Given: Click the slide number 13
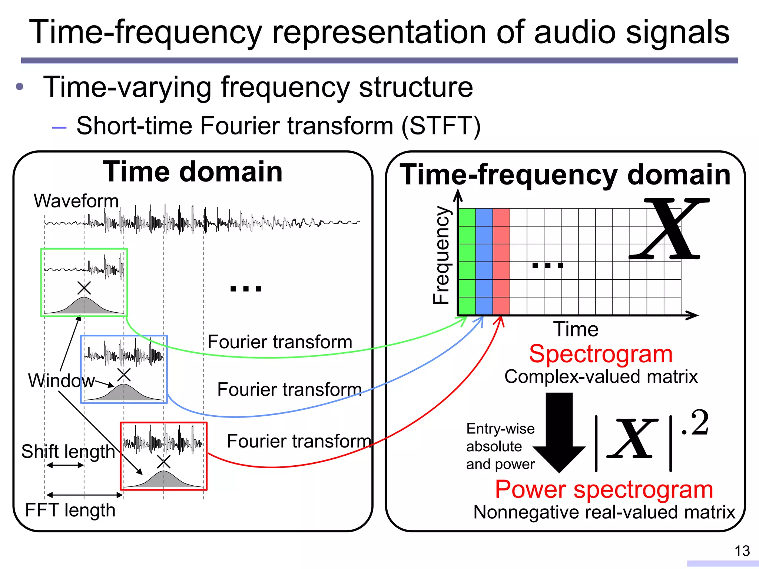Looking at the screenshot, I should pyautogui.click(x=742, y=551).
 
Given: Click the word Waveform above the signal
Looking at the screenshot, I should pyautogui.click(x=76, y=201).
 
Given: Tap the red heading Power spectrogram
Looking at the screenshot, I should pyautogui.click(x=604, y=489).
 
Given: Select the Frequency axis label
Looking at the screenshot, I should pyautogui.click(x=441, y=255).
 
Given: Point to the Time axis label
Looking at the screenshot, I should pyautogui.click(x=576, y=329).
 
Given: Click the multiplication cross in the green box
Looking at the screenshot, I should pyautogui.click(x=84, y=288).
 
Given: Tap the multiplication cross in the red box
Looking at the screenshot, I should pyautogui.click(x=163, y=462).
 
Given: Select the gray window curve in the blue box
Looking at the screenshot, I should pyautogui.click(x=124, y=393).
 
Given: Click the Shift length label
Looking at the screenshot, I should pyautogui.click(x=68, y=452).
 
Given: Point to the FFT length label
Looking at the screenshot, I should pyautogui.click(x=70, y=510).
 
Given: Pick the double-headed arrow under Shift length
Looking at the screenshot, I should pyautogui.click(x=65, y=465).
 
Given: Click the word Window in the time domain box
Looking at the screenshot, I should pyautogui.click(x=61, y=380).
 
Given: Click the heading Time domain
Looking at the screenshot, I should pyautogui.click(x=193, y=172).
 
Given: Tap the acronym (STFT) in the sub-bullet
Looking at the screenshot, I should pyautogui.click(x=441, y=126).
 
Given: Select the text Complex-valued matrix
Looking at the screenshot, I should pyautogui.click(x=601, y=377).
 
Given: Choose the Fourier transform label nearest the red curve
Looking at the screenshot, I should pyautogui.click(x=299, y=441).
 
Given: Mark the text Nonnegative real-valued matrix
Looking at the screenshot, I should pyautogui.click(x=604, y=512).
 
